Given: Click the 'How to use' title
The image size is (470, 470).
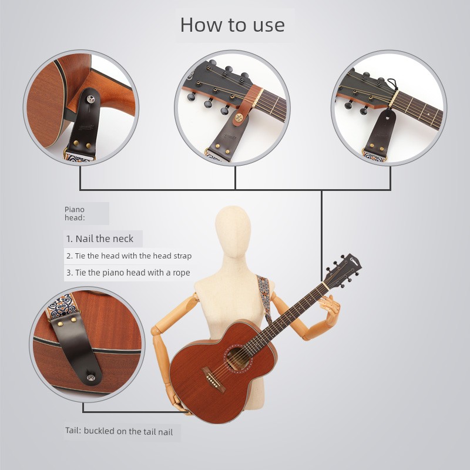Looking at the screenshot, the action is (232, 25).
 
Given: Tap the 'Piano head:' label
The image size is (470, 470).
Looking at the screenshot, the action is (75, 213).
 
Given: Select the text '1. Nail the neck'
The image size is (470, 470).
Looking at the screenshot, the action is (100, 239).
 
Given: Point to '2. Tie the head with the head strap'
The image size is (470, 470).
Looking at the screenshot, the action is (129, 256).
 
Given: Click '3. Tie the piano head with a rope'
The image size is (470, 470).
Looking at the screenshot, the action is (128, 273).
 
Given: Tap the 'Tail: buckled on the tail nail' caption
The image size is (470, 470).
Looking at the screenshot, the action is (119, 431).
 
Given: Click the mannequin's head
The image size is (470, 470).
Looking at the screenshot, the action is (233, 231).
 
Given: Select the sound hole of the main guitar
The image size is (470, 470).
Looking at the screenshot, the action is (239, 359).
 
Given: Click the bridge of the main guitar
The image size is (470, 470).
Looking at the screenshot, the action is (214, 380).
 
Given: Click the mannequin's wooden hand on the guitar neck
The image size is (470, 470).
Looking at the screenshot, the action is (330, 307).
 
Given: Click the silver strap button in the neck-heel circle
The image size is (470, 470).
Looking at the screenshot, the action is (90, 98).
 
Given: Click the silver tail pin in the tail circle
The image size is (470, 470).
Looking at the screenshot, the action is (91, 378).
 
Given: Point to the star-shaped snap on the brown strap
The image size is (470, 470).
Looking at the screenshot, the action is (239, 117).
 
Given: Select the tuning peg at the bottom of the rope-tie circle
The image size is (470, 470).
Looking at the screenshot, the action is (364, 111).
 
